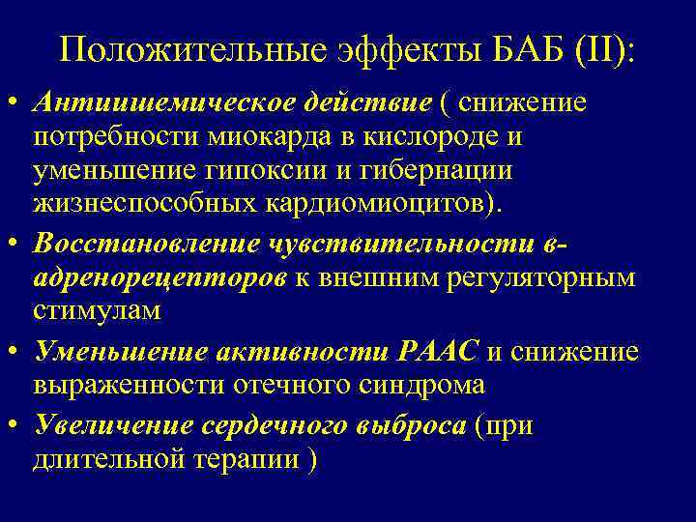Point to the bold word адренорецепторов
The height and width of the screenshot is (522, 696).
tap(157, 278)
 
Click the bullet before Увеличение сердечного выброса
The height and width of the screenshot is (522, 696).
tap(18, 425)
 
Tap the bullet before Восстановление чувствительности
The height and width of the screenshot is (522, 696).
tap(18, 244)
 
